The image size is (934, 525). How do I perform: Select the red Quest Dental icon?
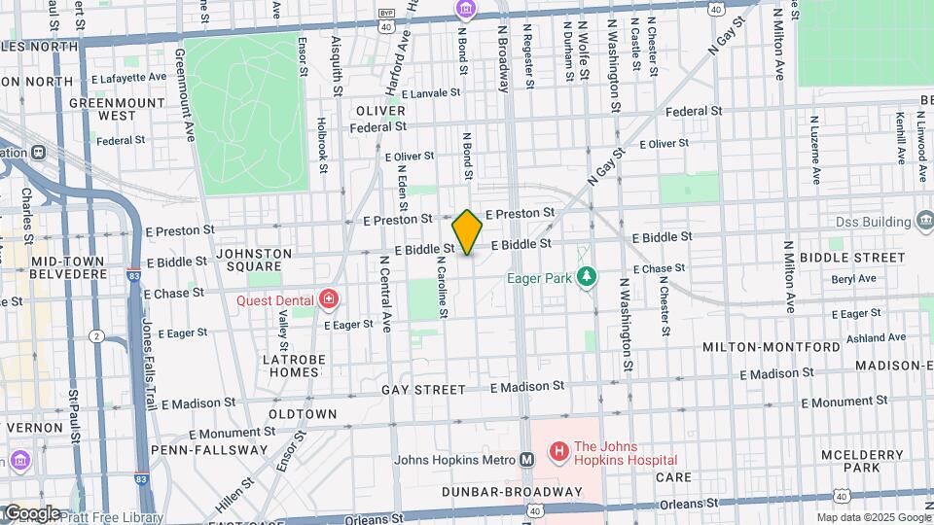click(x=330, y=297)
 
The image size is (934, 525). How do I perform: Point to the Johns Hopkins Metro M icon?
click(x=527, y=460)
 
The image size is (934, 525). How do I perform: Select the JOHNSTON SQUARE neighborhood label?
click(x=253, y=261)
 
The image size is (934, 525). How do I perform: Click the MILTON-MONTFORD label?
click(x=772, y=347)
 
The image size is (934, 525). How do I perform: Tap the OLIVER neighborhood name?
click(x=380, y=111)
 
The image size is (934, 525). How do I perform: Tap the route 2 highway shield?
click(x=96, y=335)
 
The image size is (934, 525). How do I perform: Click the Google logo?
click(x=32, y=513)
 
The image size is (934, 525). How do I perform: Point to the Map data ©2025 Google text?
click(x=873, y=517)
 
